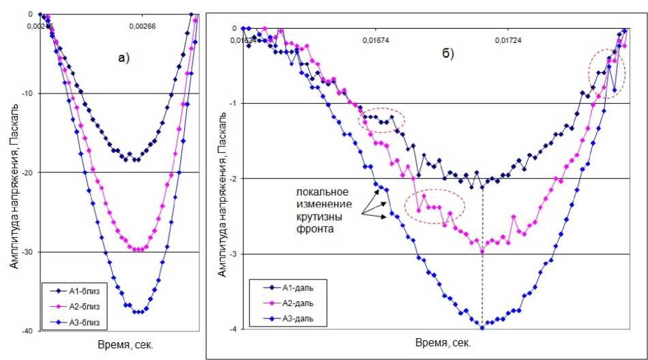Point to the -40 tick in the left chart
[x=28, y=331]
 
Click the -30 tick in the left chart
[x=28, y=252]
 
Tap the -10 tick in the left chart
[x=28, y=93]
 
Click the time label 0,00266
[x=143, y=27]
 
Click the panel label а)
[x=123, y=57]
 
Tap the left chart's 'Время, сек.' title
[x=124, y=345]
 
